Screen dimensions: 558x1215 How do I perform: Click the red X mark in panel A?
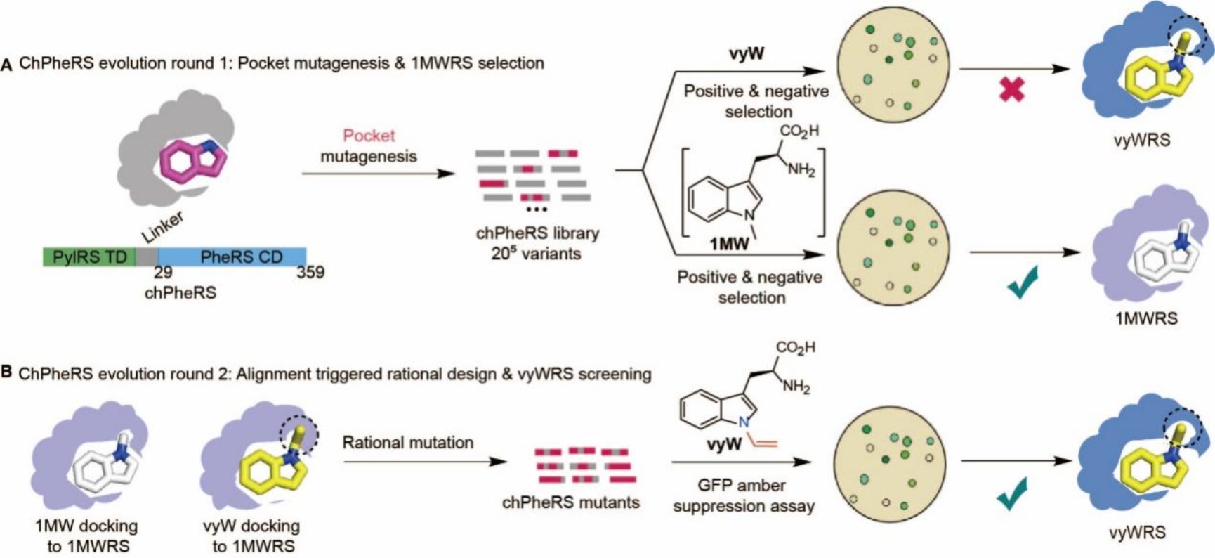point(1011,89)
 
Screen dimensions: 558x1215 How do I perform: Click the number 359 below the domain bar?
point(310,272)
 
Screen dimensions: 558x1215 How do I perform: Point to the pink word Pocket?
point(369,136)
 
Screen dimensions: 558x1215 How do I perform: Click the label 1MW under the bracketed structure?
point(729,244)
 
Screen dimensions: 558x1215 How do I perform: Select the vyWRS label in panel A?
point(1141,140)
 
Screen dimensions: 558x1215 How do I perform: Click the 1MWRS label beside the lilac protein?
point(1146,318)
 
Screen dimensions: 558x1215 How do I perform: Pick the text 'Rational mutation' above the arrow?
point(408,443)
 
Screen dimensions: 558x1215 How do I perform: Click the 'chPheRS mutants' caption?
point(570,502)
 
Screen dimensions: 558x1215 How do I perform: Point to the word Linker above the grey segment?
point(163,226)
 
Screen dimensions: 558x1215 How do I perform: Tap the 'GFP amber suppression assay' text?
point(743,495)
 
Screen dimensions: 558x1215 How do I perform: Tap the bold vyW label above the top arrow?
point(747,53)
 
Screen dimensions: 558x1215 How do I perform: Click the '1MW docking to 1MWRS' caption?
point(88,536)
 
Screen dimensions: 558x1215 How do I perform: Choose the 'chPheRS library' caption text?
point(537,233)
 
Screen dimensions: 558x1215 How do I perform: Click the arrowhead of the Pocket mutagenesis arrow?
point(448,172)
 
